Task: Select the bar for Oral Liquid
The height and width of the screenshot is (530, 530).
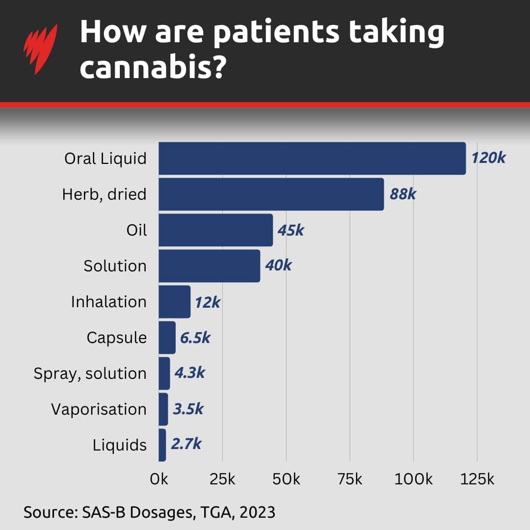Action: pyautogui.click(x=312, y=159)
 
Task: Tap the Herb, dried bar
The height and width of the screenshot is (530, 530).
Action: pyautogui.click(x=271, y=194)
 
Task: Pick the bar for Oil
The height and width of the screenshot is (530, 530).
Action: pyautogui.click(x=215, y=230)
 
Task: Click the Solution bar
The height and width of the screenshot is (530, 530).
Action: pyautogui.click(x=209, y=266)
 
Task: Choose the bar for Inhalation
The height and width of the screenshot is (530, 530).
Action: pyautogui.click(x=174, y=302)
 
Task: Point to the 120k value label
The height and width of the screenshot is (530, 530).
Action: pyautogui.click(x=488, y=158)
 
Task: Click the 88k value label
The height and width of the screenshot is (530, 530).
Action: pyautogui.click(x=402, y=194)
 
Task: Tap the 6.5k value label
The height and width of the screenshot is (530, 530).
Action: pyautogui.click(x=195, y=338)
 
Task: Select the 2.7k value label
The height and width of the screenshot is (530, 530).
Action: pyautogui.click(x=186, y=444)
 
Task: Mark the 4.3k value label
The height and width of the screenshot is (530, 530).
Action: pyautogui.click(x=189, y=373)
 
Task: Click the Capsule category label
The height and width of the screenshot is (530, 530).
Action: pyautogui.click(x=116, y=338)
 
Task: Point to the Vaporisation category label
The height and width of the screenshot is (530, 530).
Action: pyautogui.click(x=99, y=409)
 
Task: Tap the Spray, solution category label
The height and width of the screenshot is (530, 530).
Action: pyautogui.click(x=90, y=373)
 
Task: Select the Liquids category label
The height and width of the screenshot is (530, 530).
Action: pyautogui.click(x=119, y=445)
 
